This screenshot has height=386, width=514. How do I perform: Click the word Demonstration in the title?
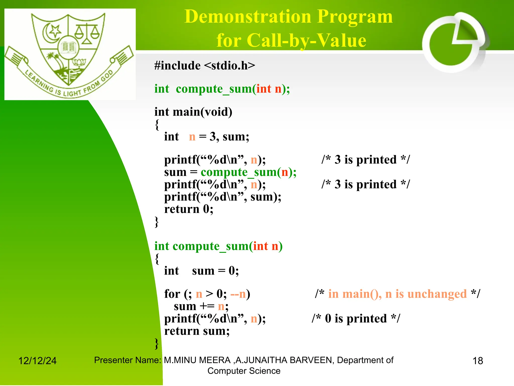(x=248, y=17)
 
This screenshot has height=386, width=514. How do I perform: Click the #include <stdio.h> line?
(x=205, y=66)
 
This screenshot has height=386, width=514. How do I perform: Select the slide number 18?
(x=478, y=361)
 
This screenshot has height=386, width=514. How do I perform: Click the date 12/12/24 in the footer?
(x=37, y=361)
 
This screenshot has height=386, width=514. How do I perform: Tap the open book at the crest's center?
(x=68, y=47)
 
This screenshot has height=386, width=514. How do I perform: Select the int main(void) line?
(x=193, y=112)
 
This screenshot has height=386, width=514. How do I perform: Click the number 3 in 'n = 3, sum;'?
(x=213, y=137)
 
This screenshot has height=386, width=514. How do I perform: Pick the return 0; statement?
(x=188, y=209)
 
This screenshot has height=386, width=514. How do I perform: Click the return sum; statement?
(x=197, y=331)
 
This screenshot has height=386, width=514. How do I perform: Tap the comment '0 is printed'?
(x=356, y=319)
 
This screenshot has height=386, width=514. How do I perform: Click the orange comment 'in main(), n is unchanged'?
(x=397, y=294)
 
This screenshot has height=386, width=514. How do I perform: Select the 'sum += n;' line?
(x=201, y=306)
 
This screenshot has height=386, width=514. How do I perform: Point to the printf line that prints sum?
(x=223, y=197)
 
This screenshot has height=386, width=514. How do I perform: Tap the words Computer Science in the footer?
(x=244, y=371)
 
